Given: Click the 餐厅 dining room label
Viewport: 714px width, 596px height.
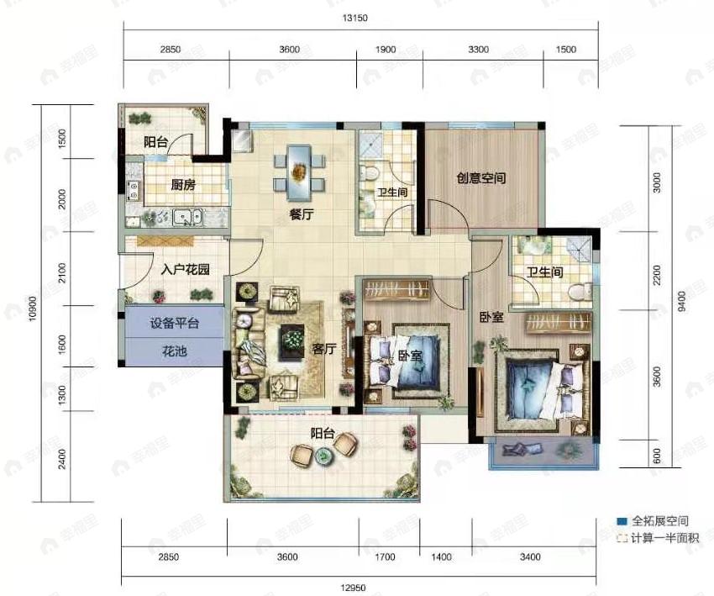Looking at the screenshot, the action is pos(302,214).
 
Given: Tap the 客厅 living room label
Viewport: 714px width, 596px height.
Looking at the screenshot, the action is pos(324,349).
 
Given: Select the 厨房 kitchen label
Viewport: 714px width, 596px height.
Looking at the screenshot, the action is pos(183,185).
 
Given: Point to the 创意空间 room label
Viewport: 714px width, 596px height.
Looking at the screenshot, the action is pos(481,177).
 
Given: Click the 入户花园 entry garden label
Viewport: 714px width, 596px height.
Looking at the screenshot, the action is pos(186,269).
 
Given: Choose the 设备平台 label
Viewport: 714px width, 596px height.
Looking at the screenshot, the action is pos(175,323).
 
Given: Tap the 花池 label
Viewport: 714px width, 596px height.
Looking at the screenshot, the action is pos(175,351).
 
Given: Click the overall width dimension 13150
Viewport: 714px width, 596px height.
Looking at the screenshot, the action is pos(354,18).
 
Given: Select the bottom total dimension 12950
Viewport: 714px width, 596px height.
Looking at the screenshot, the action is pos(354,588).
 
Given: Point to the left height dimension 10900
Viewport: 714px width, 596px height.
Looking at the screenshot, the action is pos(32,309).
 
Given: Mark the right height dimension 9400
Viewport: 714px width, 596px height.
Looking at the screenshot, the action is pos(681,302).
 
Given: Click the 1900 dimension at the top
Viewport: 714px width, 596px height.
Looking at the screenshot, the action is pos(386,50).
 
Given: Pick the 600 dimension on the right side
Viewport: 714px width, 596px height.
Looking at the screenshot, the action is pos(657,456).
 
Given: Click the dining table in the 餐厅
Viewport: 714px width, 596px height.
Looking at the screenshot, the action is pos(299,172).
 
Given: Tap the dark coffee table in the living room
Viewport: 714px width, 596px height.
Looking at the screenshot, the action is pos(291,338).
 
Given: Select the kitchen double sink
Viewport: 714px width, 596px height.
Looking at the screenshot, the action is pos(187,217).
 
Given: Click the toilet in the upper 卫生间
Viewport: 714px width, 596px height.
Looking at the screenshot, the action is pos(370,173).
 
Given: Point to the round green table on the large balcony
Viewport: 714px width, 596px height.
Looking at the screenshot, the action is pos(323,455).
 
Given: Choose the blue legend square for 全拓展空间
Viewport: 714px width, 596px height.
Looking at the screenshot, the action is pos(622,521).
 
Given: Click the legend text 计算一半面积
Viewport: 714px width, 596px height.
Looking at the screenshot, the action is pos(664,538).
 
